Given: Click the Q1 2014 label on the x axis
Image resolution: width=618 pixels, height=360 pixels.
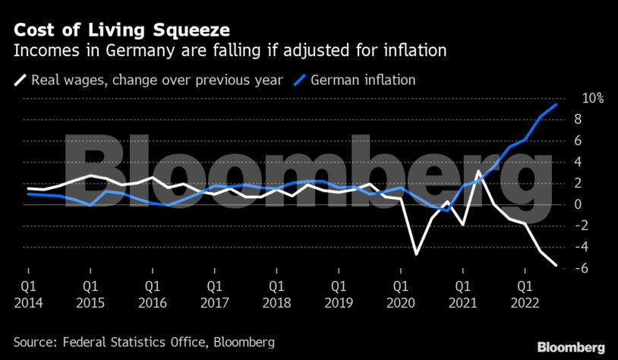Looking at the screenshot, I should click(28, 295).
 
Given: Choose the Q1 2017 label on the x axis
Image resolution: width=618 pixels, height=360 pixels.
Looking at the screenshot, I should click(214, 295).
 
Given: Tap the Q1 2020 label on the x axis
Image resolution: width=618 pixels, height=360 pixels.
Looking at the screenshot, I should click(400, 295).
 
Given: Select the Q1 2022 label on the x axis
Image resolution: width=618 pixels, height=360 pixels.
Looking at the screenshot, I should click(524, 295).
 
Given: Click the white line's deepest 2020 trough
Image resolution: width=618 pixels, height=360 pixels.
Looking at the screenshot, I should click(416, 254).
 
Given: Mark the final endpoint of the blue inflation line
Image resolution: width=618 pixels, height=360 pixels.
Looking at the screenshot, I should click(557, 105).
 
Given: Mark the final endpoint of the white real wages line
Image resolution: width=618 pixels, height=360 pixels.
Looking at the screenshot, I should click(557, 265).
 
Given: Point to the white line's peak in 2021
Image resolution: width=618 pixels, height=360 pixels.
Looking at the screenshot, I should click(478, 172).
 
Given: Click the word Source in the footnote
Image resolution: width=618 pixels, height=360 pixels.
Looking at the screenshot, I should click(36, 343).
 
